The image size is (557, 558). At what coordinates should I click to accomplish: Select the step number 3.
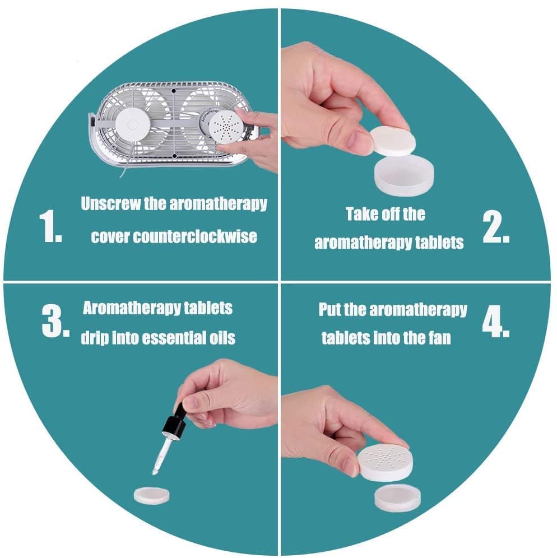[x=55, y=320]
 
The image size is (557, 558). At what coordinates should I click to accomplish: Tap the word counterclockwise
[x=194, y=236]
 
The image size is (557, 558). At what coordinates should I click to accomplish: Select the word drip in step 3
[x=95, y=338]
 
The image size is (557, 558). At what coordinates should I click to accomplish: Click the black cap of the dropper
[x=173, y=422]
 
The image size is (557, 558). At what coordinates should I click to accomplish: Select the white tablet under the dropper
[x=152, y=496]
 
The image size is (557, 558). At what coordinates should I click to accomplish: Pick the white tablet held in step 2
[x=393, y=141]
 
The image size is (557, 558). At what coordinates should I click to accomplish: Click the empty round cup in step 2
[x=404, y=176]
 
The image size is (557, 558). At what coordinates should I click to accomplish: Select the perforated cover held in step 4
[x=386, y=462]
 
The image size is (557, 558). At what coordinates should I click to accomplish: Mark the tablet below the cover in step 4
[x=397, y=498]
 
